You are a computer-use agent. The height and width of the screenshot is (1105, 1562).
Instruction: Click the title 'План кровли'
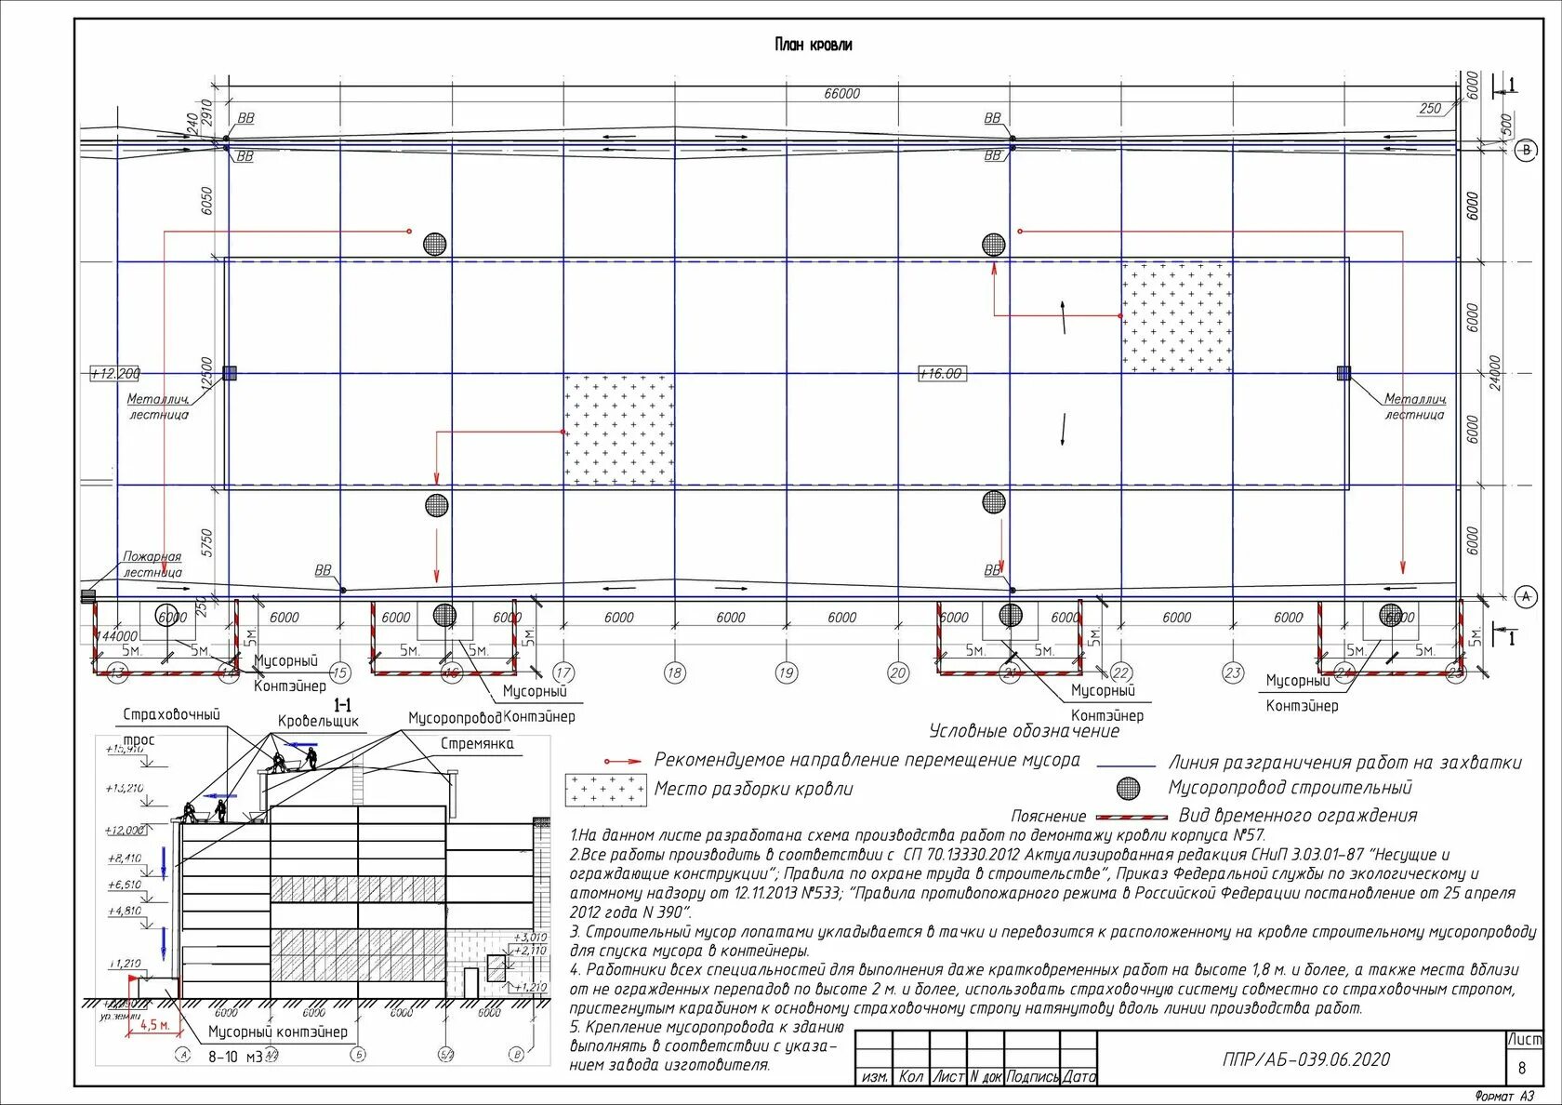[813, 45]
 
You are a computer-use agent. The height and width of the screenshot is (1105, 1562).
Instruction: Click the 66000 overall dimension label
[841, 93]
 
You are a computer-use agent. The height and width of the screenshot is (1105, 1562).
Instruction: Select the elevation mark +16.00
[941, 374]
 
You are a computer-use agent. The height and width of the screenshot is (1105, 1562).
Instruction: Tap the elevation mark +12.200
[115, 374]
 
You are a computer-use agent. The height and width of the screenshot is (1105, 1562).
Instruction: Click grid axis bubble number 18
[675, 672]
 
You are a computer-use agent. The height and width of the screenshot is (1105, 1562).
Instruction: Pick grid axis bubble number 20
[897, 672]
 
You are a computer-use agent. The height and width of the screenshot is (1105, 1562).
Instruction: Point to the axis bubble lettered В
[1526, 152]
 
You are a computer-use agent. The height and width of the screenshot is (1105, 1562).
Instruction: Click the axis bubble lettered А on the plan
[1526, 596]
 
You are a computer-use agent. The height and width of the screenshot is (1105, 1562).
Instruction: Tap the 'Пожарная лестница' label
[152, 565]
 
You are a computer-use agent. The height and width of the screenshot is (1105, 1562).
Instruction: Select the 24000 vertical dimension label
[1495, 372]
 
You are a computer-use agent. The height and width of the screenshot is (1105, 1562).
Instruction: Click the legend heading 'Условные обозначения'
[1024, 731]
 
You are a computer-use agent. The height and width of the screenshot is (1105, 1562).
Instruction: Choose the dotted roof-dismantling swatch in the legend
[605, 790]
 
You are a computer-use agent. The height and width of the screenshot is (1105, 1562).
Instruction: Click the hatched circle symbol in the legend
[1128, 789]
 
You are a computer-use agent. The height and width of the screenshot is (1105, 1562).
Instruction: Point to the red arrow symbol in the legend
[622, 761]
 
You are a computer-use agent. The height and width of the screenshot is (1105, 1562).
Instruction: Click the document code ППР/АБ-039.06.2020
[1306, 1059]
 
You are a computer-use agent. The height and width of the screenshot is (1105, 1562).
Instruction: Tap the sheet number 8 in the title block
[1522, 1069]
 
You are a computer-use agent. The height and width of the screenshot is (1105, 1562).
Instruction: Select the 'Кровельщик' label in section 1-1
[318, 721]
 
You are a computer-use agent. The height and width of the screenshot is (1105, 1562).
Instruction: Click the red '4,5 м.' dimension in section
[154, 1025]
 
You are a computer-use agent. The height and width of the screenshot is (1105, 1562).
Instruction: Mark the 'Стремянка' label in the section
[476, 744]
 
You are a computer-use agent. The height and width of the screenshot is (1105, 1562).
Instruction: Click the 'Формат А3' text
[1505, 1096]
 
